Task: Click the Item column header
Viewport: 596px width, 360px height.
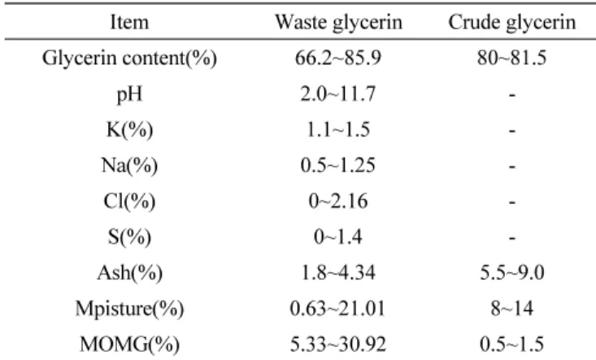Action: pyautogui.click(x=129, y=22)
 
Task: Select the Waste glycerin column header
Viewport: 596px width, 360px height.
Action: pyautogui.click(x=338, y=23)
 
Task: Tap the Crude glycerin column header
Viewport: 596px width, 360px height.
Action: pyautogui.click(x=512, y=23)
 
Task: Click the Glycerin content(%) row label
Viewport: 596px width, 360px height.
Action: pyautogui.click(x=129, y=59)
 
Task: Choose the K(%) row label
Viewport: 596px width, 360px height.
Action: pyautogui.click(x=129, y=130)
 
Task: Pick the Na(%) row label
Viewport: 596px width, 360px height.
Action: pyautogui.click(x=129, y=166)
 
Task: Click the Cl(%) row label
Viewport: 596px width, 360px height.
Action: pyautogui.click(x=129, y=202)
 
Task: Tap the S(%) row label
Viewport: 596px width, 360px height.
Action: pyautogui.click(x=129, y=237)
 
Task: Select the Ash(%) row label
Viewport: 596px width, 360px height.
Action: pyautogui.click(x=129, y=273)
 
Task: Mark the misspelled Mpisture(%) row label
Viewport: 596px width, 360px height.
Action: pyautogui.click(x=129, y=309)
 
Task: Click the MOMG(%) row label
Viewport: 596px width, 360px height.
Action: pyautogui.click(x=129, y=345)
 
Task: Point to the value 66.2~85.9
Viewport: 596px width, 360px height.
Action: pyautogui.click(x=338, y=58)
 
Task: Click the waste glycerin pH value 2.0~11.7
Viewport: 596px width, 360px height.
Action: pyautogui.click(x=338, y=93)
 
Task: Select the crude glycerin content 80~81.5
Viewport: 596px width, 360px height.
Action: pyautogui.click(x=512, y=58)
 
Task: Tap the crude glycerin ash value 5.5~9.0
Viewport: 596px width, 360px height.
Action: pyautogui.click(x=512, y=273)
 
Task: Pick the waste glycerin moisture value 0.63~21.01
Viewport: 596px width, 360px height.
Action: pyautogui.click(x=337, y=308)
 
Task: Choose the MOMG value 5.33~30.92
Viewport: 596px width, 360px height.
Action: pyautogui.click(x=338, y=344)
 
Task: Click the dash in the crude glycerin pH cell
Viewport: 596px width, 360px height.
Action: pyautogui.click(x=512, y=95)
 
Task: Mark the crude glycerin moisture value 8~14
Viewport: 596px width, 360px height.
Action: pyautogui.click(x=512, y=308)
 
